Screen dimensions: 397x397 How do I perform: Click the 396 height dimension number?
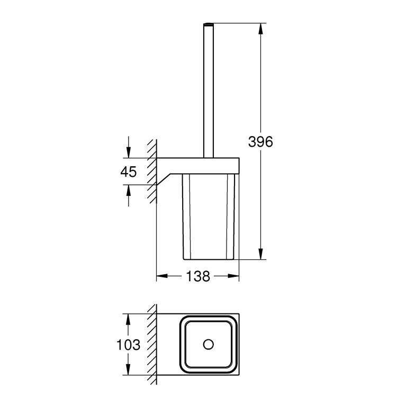[260, 141]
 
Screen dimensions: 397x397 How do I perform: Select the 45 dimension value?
[129, 171]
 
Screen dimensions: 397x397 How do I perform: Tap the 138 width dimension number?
[198, 276]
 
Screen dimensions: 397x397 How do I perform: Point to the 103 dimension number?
[129, 345]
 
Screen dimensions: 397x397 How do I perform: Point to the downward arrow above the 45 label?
[128, 151]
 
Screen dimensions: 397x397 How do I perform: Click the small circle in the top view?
[208, 345]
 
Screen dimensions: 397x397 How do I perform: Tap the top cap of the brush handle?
[208, 24]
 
